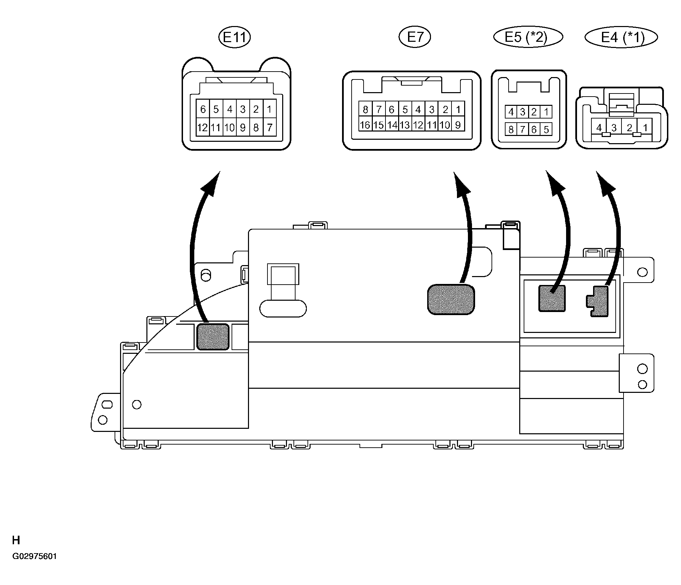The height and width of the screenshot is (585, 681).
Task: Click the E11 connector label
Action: tap(235, 37)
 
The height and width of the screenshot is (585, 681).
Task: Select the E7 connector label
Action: tap(415, 37)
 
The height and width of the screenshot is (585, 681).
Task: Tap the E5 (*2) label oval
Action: tap(528, 37)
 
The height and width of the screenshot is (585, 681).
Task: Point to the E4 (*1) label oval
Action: tap(621, 37)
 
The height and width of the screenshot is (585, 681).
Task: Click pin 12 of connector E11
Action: tap(202, 127)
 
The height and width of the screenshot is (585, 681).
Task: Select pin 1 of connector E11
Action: tap(270, 109)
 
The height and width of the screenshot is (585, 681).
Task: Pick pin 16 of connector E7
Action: tap(365, 125)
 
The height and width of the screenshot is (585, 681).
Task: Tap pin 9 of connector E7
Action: tap(458, 125)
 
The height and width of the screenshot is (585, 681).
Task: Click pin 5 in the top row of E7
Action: tap(405, 110)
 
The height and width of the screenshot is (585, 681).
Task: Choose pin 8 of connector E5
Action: tap(511, 129)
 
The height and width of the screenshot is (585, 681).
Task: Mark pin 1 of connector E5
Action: tap(546, 112)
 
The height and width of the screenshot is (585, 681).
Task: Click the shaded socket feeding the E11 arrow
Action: tap(213, 336)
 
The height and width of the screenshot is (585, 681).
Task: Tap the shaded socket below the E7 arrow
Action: tap(451, 299)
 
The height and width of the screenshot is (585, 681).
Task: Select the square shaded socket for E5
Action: tap(552, 298)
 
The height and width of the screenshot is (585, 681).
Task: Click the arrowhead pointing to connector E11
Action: tap(211, 183)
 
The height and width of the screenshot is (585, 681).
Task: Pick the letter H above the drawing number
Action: tap(16, 540)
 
